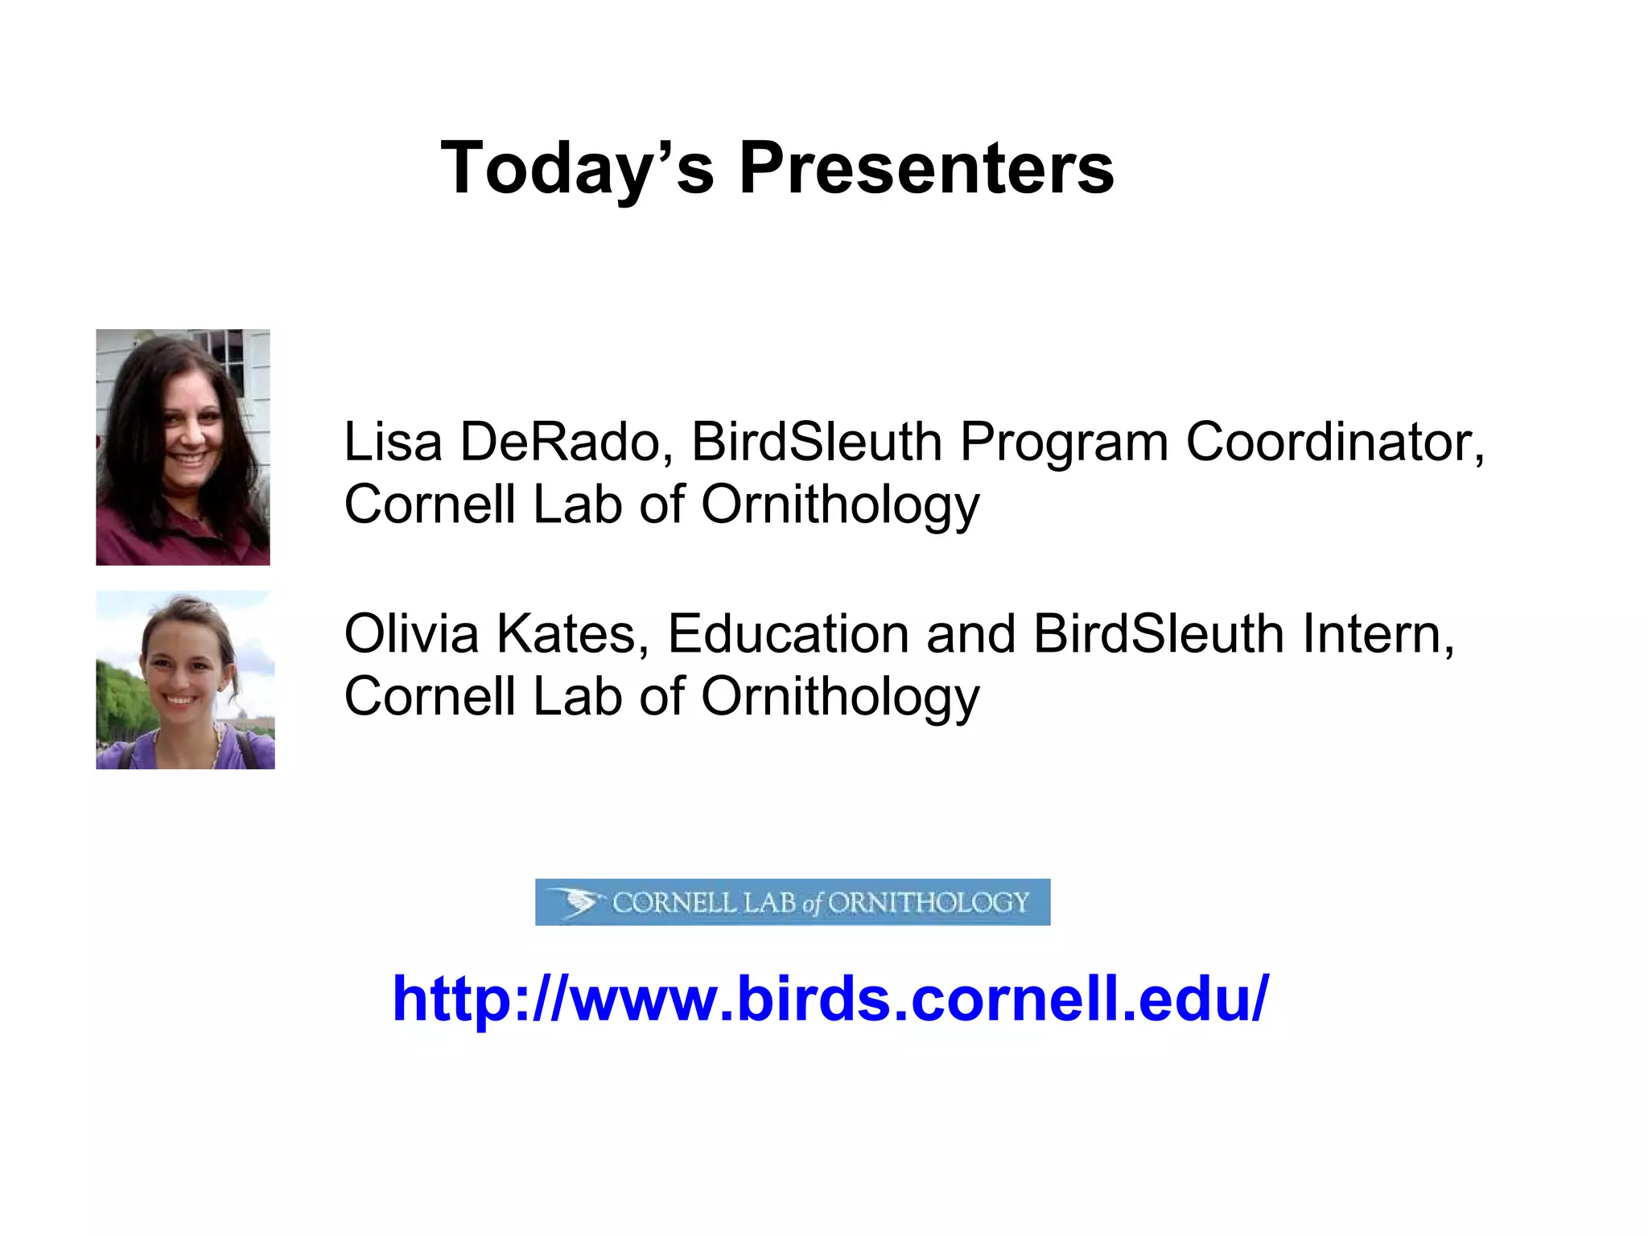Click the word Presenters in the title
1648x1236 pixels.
pos(926,168)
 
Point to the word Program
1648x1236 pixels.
pos(1064,443)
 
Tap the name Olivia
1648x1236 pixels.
pos(411,634)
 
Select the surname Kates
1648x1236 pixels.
pos(572,634)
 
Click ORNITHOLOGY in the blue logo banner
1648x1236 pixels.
pos(929,903)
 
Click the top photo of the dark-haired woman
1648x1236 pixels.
pos(183,447)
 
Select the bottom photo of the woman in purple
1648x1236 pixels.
pos(185,680)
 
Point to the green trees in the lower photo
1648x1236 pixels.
pos(117,700)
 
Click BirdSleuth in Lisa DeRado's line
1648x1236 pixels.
pos(817,442)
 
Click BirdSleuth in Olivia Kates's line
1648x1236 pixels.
pos(1159,634)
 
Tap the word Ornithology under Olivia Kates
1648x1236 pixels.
pos(840,697)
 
